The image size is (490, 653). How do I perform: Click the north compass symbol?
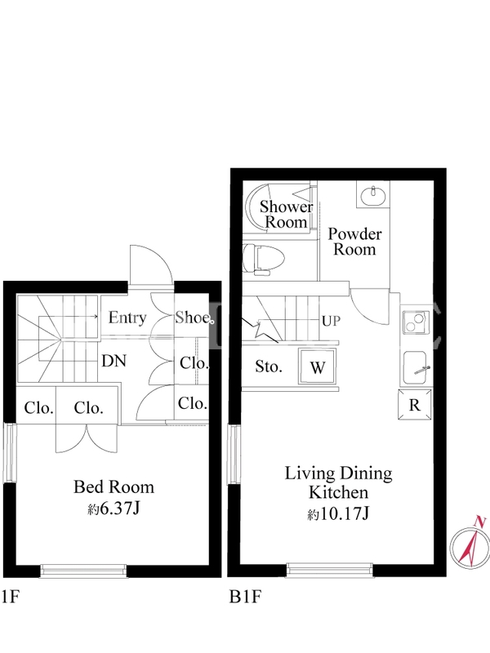pos(470,544)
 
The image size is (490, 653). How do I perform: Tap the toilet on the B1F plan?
pos(263,260)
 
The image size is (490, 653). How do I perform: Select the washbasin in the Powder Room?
pos(374,196)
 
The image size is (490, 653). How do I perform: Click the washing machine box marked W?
pos(317,366)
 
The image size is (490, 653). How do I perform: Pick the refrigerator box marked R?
pos(415,404)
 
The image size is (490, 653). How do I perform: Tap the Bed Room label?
pos(114,486)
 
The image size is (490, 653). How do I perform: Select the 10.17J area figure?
pos(338,514)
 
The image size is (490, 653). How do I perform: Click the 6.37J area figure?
pos(114,508)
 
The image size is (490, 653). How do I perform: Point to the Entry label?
pos(127,318)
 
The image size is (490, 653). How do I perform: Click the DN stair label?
pos(114,361)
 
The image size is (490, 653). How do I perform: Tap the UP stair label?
pos(332,321)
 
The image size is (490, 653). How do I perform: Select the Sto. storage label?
pos(269,366)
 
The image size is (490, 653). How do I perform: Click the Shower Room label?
pos(287,214)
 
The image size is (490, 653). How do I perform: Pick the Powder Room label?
pos(354,242)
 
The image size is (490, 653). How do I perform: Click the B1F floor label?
pos(246,597)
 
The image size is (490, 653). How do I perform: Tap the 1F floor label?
pos(11,597)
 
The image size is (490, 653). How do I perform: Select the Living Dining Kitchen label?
pos(338,482)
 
